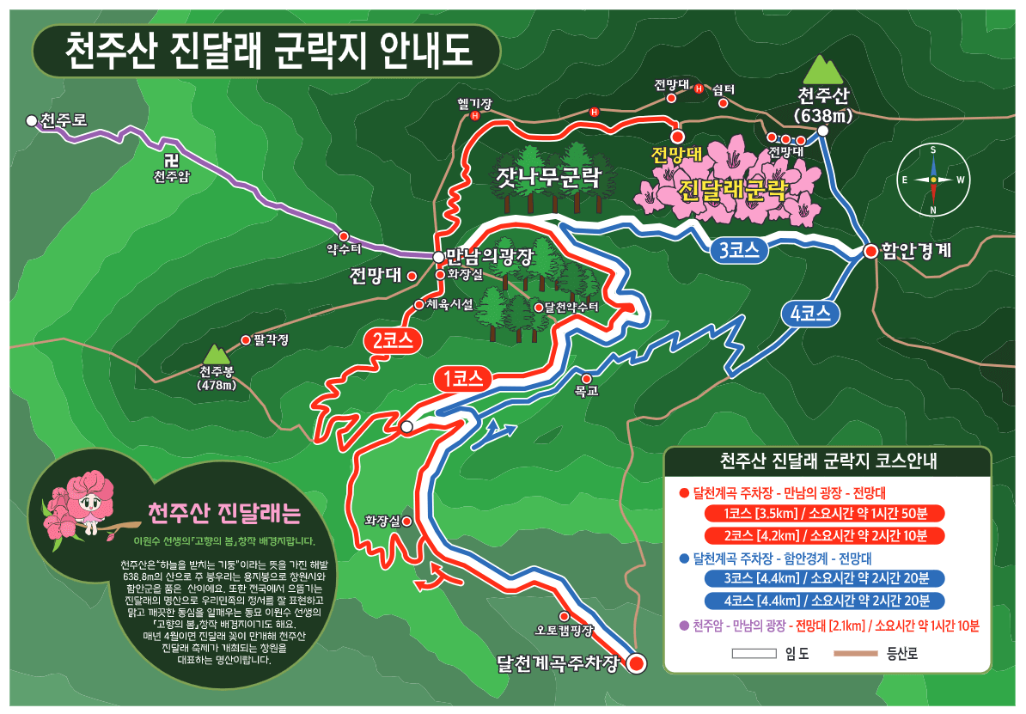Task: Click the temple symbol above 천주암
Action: click(x=171, y=161)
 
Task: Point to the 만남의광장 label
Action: click(x=491, y=256)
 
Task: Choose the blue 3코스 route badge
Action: click(x=737, y=251)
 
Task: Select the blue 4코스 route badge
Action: click(x=809, y=314)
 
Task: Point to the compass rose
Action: click(x=932, y=180)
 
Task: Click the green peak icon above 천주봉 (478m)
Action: click(x=216, y=354)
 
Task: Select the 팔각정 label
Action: click(x=271, y=339)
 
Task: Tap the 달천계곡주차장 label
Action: click(x=558, y=662)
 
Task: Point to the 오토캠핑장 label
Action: click(x=564, y=630)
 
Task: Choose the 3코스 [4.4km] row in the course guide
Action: click(x=823, y=578)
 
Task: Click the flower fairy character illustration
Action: click(x=82, y=507)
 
